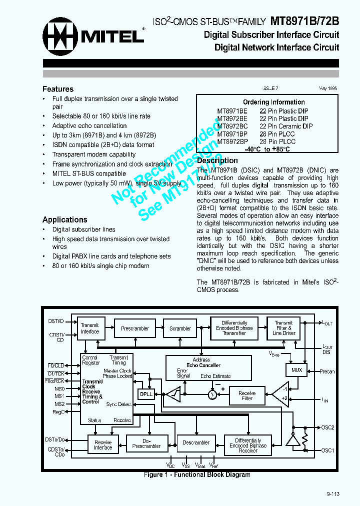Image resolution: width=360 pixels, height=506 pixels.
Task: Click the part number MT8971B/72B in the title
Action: pyautogui.click(x=304, y=21)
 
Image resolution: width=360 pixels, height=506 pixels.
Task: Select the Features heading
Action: pyautogui.click(x=58, y=89)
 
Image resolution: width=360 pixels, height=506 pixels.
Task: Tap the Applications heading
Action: pyautogui.click(x=64, y=219)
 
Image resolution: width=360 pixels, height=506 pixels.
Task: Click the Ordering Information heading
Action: pyautogui.click(x=273, y=102)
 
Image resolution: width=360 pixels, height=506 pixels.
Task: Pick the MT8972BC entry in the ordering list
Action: pyautogui.click(x=232, y=126)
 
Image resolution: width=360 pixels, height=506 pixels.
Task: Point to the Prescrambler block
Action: pyautogui.click(x=135, y=328)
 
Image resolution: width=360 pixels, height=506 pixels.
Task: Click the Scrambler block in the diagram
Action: pyautogui.click(x=180, y=328)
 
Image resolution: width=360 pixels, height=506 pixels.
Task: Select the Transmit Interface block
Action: pyautogui.click(x=90, y=328)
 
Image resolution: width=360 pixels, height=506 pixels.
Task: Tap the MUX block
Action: pyautogui.click(x=297, y=370)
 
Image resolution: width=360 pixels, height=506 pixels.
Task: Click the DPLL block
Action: pyautogui.click(x=146, y=394)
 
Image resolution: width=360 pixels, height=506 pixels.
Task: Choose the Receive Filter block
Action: pyautogui.click(x=247, y=396)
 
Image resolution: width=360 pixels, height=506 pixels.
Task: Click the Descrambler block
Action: pyautogui.click(x=196, y=442)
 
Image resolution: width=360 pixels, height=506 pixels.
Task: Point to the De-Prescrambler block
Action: pyautogui.click(x=146, y=443)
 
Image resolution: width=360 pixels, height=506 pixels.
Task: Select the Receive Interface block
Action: pyautogui.click(x=103, y=444)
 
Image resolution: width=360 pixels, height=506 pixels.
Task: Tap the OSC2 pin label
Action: pyautogui.click(x=328, y=427)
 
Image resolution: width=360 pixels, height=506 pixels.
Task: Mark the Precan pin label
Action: pyautogui.click(x=327, y=371)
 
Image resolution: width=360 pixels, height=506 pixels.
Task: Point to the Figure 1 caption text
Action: pyautogui.click(x=197, y=474)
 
